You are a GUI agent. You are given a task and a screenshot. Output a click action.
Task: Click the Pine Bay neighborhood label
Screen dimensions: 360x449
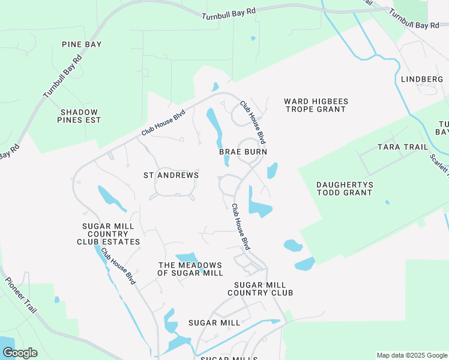(x=82, y=44)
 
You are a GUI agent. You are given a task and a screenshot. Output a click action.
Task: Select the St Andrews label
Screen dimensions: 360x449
(x=171, y=175)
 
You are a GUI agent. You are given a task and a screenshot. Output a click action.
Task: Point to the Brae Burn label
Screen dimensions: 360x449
(x=243, y=152)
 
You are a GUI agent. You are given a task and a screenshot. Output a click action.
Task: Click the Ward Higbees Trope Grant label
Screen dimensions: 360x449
(x=316, y=106)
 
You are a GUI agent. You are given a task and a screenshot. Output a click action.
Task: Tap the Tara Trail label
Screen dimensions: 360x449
(x=402, y=147)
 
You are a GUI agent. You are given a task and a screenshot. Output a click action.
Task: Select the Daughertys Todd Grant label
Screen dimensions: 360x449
(x=344, y=188)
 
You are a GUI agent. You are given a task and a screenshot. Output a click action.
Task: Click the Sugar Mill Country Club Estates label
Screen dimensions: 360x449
(x=108, y=234)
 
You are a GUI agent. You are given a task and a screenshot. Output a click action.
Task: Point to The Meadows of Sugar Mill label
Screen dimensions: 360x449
(x=190, y=269)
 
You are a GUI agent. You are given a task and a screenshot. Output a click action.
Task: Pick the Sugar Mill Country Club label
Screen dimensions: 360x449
(x=260, y=289)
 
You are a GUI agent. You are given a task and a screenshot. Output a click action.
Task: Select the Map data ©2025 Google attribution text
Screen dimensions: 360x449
(x=411, y=355)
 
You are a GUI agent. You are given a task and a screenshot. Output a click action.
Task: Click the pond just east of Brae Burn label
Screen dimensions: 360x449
(x=273, y=170)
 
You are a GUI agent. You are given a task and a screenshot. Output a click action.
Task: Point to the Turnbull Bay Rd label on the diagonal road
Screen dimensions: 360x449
(x=62, y=77)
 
